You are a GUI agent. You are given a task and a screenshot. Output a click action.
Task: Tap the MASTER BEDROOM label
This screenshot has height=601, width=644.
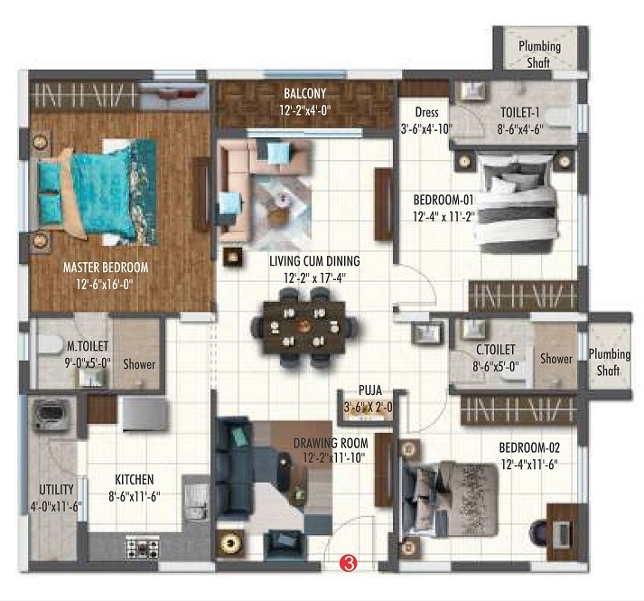pos(105,268)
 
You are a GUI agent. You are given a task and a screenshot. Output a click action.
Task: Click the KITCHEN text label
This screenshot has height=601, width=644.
pos(134,479)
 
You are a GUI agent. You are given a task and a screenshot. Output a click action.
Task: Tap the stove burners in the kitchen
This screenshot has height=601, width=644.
pos(138,548)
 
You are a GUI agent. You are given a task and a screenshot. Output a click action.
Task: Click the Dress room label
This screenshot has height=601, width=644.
pos(427,113)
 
